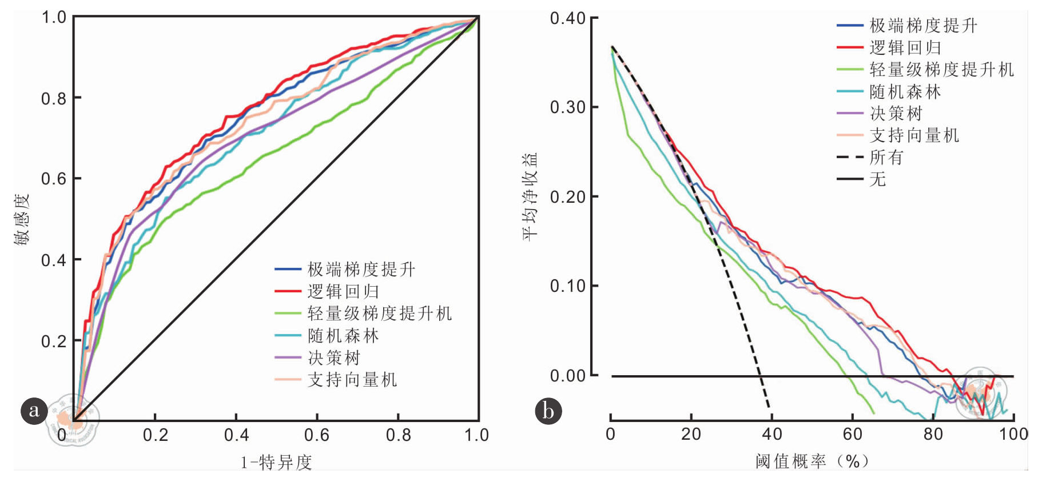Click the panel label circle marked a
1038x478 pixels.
click(34, 411)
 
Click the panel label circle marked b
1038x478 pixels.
click(548, 411)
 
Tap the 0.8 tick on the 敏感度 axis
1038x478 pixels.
click(54, 99)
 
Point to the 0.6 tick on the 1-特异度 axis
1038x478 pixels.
click(317, 435)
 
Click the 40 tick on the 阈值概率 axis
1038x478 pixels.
click(771, 434)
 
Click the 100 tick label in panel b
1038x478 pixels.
click(1013, 434)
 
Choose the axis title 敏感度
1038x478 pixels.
click(22, 219)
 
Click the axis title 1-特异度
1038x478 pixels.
click(276, 462)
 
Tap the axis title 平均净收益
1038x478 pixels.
click(530, 196)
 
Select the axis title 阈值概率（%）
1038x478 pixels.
click(812, 461)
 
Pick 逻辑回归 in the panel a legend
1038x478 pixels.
click(343, 291)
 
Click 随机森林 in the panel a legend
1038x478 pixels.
click(343, 336)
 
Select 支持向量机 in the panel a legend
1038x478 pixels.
click(352, 380)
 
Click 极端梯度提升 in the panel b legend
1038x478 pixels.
click(923, 26)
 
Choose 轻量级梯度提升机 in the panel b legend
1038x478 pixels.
click(941, 70)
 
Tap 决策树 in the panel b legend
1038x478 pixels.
click(896, 114)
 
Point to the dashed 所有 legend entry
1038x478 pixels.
click(886, 157)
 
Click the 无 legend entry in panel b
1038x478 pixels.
click(877, 179)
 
